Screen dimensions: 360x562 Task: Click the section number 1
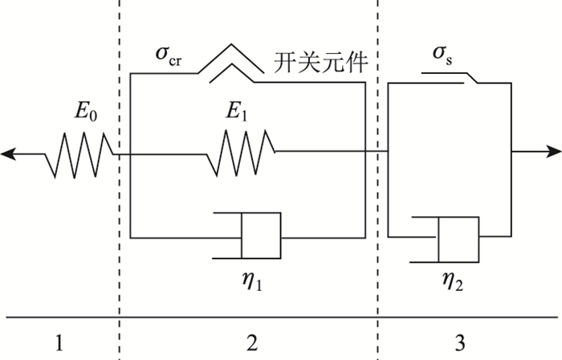coord(59,343)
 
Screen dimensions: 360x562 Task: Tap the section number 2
coord(252,343)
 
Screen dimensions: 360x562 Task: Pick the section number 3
coord(459,343)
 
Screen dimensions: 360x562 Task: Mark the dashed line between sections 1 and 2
coord(119,201)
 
